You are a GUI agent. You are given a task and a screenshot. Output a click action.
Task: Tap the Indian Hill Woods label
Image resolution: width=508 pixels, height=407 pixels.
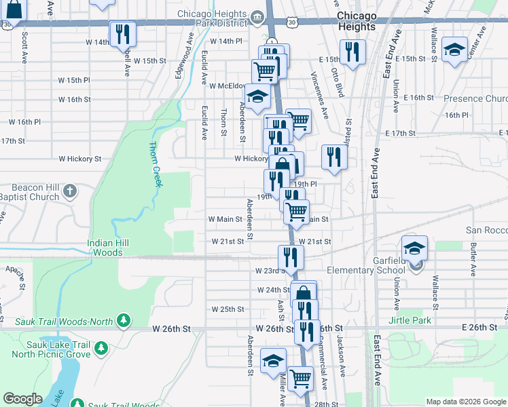click(x=105, y=248)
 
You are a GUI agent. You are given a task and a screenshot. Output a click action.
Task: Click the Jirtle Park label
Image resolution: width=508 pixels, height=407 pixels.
click(x=410, y=320)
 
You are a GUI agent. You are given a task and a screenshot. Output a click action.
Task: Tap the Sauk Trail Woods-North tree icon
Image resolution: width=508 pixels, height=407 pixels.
click(x=123, y=319)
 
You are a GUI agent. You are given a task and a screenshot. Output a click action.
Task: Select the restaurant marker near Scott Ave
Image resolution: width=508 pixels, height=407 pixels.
click(x=122, y=33)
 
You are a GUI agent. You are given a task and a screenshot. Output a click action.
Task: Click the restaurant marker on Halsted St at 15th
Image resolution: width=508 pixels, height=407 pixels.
click(x=352, y=52)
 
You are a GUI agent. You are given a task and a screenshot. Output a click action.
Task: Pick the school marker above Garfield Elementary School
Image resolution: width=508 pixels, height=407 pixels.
click(x=414, y=248)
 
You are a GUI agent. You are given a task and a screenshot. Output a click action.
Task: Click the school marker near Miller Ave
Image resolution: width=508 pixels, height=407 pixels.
click(x=273, y=360)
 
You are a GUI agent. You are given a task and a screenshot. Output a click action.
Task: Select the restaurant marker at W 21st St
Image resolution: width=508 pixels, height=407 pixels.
click(x=291, y=256)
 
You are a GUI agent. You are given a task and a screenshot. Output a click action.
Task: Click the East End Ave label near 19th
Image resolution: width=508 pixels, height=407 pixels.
click(x=374, y=179)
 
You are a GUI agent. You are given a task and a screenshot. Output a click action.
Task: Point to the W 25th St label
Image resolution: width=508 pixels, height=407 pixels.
click(x=228, y=309)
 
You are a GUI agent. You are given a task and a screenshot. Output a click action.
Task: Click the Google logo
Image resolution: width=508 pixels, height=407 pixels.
click(x=22, y=399)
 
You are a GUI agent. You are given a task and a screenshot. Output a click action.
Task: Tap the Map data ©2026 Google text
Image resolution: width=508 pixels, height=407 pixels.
click(x=465, y=402)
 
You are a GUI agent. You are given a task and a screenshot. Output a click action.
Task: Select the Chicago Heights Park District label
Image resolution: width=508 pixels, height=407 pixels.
click(x=214, y=18)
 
